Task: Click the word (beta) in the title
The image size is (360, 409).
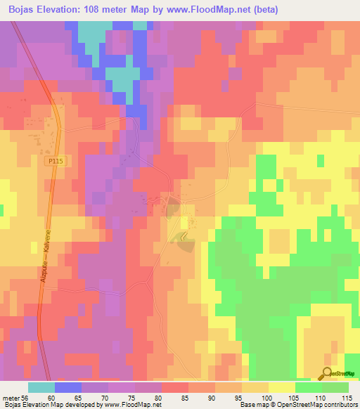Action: point(264,10)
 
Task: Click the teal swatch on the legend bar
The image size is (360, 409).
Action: point(41,387)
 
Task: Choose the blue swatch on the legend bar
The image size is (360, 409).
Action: point(68,387)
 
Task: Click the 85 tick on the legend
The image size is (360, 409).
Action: point(185,397)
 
